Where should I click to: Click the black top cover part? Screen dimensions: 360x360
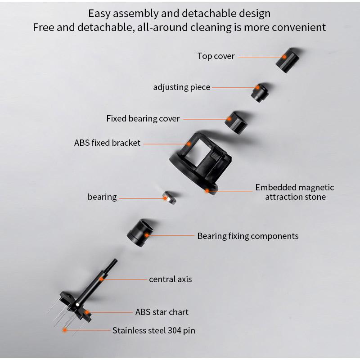tap(287, 61)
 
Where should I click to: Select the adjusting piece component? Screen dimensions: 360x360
tap(260, 93)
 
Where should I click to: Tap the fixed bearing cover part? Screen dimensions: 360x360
tap(236, 123)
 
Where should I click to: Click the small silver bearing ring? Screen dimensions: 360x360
tap(170, 198)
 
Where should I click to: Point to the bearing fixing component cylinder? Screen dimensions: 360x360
tap(140, 233)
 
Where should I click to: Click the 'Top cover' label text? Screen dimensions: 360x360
tap(216, 56)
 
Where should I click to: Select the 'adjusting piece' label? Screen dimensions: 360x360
tap(181, 87)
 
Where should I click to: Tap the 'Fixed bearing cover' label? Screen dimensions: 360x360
tap(143, 119)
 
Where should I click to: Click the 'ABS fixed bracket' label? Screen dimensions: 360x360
tap(107, 143)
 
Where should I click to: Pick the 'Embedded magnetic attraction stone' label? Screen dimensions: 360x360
tap(295, 192)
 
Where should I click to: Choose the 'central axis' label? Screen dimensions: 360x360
tap(171, 279)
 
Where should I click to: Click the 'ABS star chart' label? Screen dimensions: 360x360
tap(162, 312)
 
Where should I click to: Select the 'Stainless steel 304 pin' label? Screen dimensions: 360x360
tap(153, 331)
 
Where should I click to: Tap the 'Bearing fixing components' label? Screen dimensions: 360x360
tap(248, 236)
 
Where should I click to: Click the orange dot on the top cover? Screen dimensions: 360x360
tap(284, 57)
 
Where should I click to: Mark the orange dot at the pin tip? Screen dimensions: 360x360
tap(65, 330)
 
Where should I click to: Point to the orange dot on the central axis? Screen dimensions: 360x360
tap(101, 279)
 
